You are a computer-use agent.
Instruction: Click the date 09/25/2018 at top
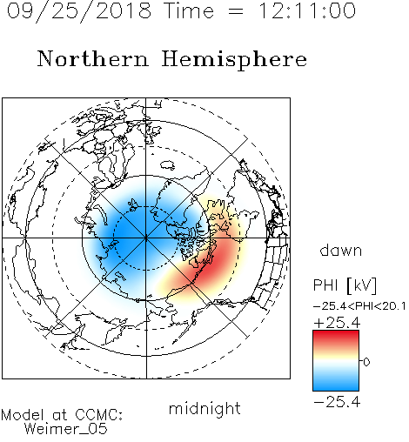coord(79,11)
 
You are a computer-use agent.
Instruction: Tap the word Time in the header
coord(189,10)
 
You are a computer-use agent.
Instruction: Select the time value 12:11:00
coord(307,10)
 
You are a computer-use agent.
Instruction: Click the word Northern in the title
coord(93,58)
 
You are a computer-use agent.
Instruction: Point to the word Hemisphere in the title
coord(234,60)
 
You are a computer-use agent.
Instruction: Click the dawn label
coord(341,250)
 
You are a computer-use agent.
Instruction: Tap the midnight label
coord(204,409)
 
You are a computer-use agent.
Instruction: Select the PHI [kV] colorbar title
coord(345,285)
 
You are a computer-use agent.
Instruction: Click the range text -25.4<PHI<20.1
coord(359,306)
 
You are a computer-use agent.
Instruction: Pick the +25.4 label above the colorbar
coord(337,323)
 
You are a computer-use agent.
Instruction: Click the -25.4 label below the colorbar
coord(337,402)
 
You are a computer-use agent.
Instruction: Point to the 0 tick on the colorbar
coord(366,362)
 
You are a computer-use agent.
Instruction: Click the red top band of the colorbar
coord(336,337)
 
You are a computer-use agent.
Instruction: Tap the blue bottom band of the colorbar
coord(336,385)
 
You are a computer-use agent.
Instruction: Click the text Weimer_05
coord(66,429)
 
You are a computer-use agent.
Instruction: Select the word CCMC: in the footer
coord(98,415)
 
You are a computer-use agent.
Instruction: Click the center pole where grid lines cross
coord(146,238)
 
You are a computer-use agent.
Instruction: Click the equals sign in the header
coord(235,11)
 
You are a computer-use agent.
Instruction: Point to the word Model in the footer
coord(23,415)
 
